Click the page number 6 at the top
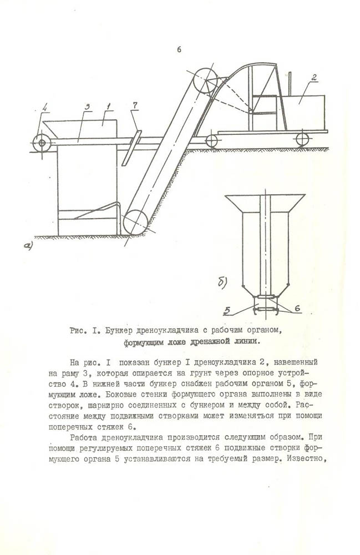coord(179,49)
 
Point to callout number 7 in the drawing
coord(135,105)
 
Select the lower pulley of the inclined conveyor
coord(135,222)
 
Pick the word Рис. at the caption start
coord(77,331)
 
